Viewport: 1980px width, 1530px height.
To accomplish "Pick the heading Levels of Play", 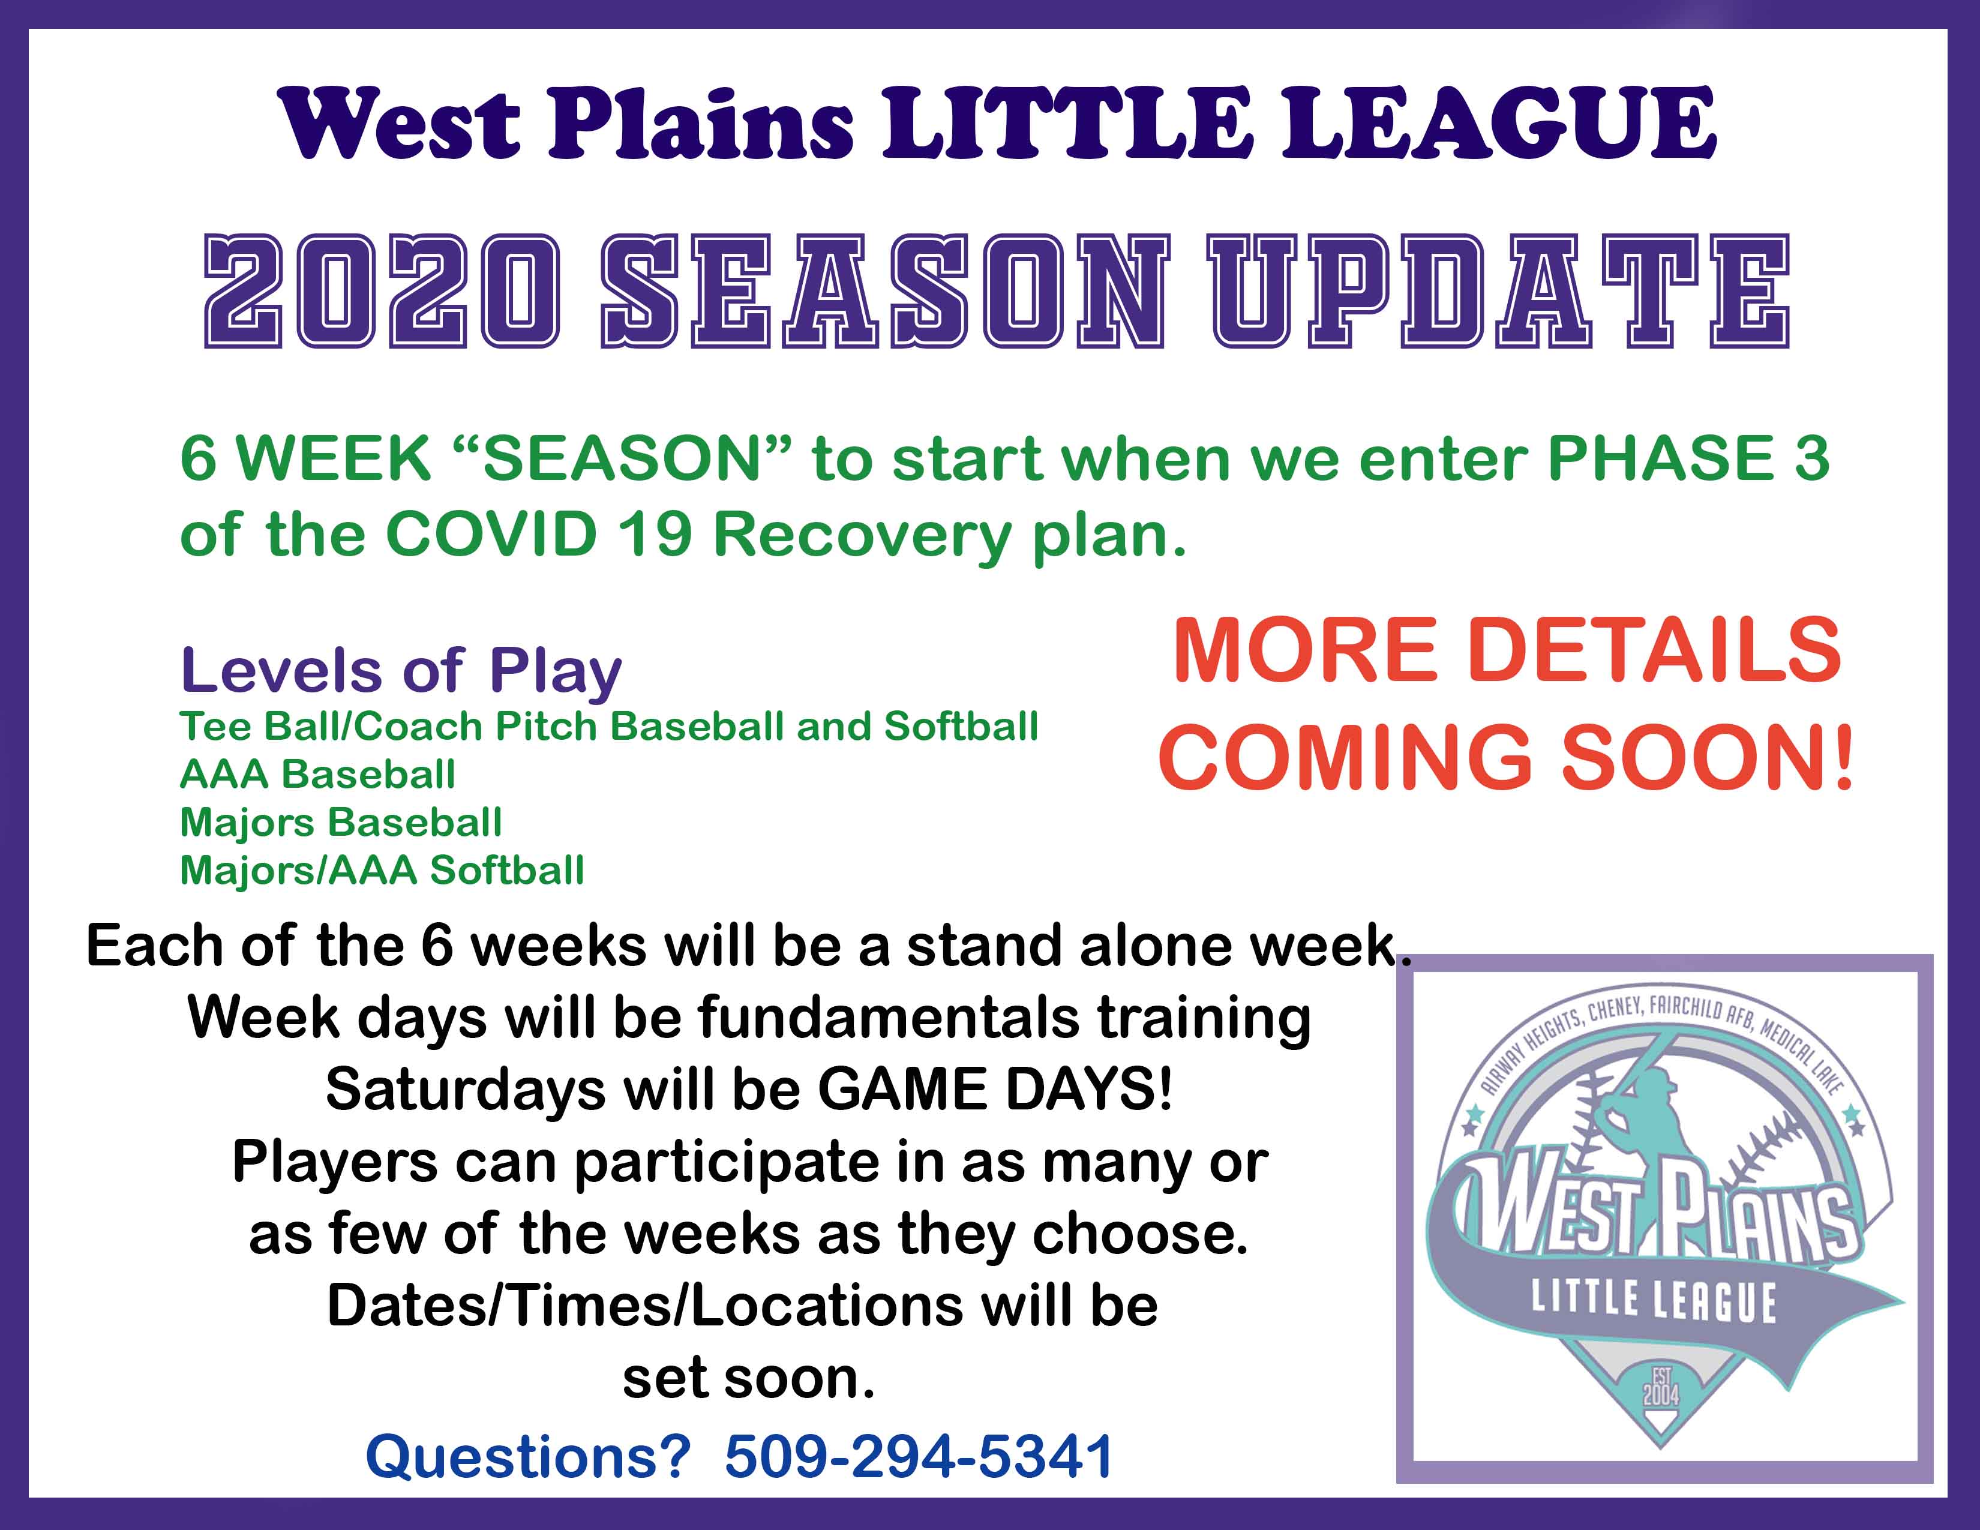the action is pos(401,671).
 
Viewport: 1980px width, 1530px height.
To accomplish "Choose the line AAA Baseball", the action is pos(317,774).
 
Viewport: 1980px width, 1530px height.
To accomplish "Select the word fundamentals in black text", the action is pos(889,1017).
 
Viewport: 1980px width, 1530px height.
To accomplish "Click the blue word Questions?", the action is pos(529,1457).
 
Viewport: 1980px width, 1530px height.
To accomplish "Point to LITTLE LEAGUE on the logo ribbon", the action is pos(1654,1301).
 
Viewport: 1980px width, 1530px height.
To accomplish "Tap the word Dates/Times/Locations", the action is pos(646,1306).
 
